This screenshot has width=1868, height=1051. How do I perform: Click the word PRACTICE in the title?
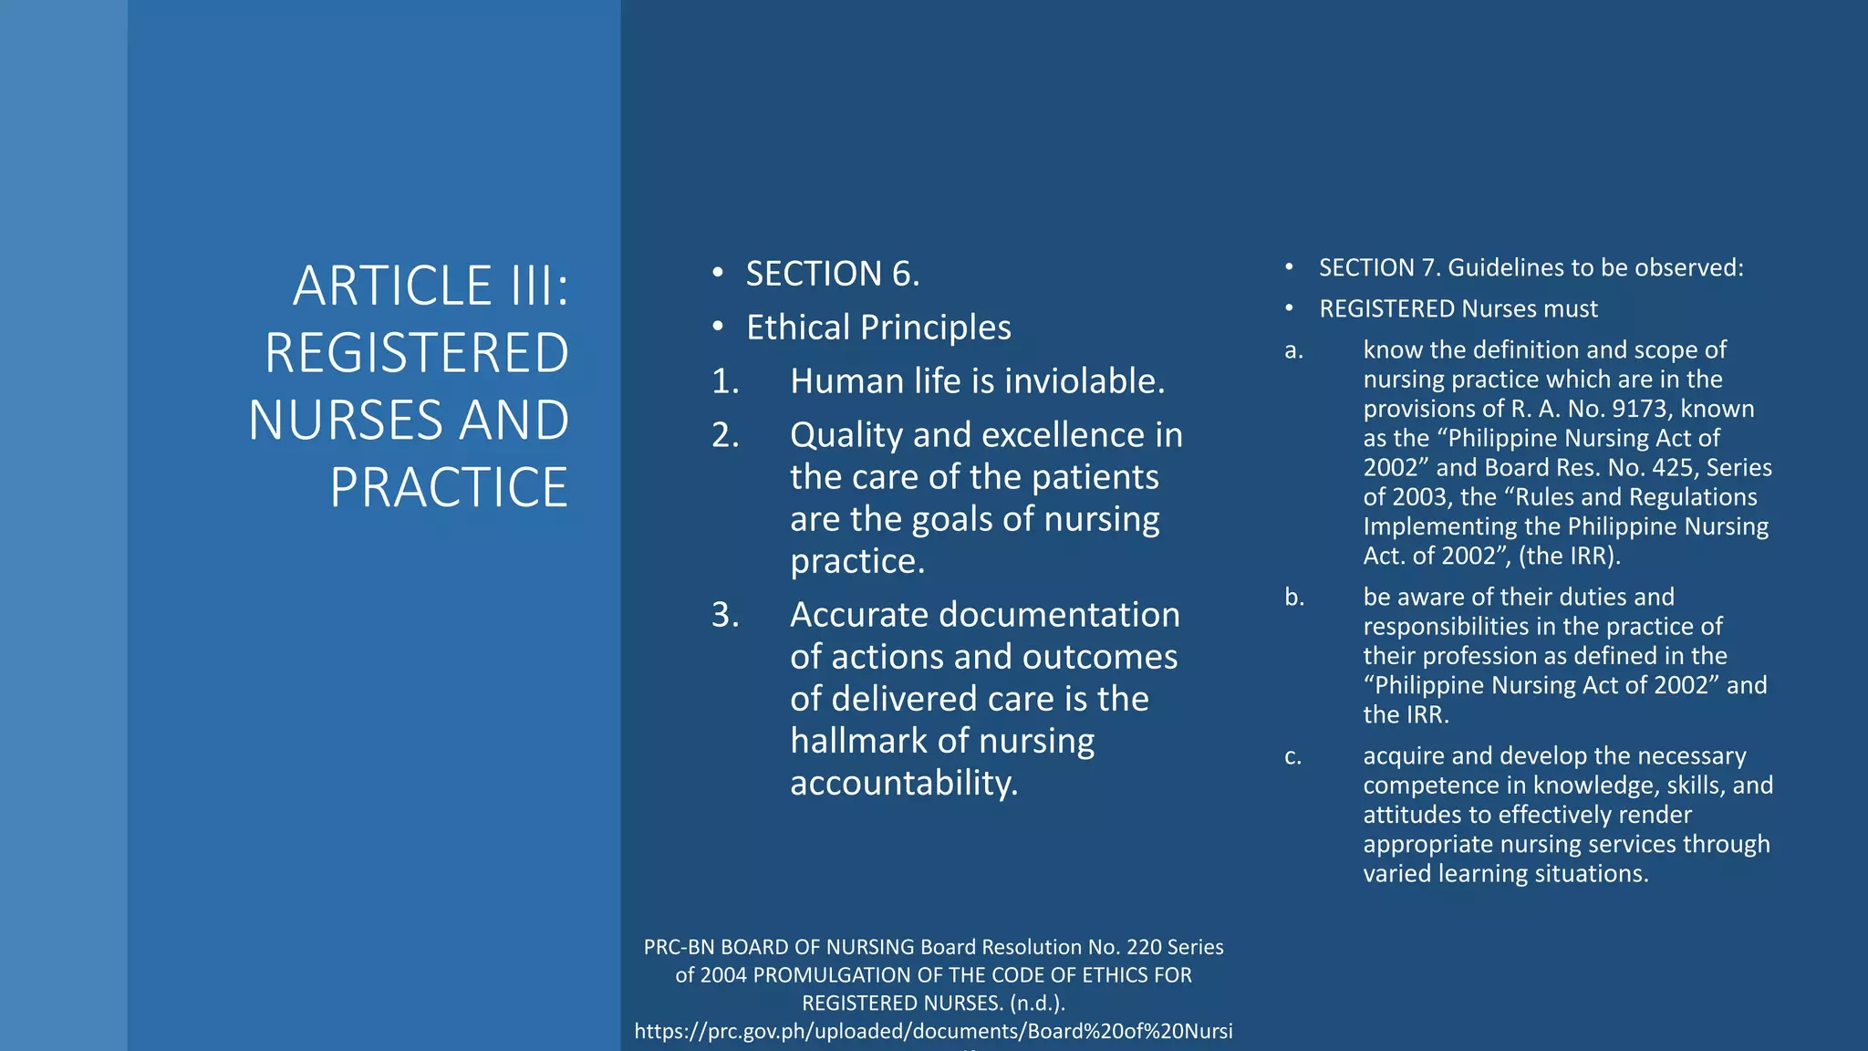[x=449, y=487]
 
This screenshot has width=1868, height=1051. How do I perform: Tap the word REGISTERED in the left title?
[x=417, y=353]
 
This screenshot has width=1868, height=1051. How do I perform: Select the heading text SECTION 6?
[x=833, y=274]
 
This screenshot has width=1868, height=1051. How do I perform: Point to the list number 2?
[x=724, y=435]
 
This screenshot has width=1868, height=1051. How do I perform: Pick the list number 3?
[x=724, y=615]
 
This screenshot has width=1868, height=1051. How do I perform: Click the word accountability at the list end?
[x=903, y=783]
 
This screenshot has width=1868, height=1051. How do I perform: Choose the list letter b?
[x=1294, y=598]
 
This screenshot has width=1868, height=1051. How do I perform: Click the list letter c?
[x=1292, y=756]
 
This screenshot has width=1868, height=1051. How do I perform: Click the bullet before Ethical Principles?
[x=718, y=327]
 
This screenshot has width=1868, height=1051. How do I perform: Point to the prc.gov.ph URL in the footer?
[x=933, y=1031]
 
